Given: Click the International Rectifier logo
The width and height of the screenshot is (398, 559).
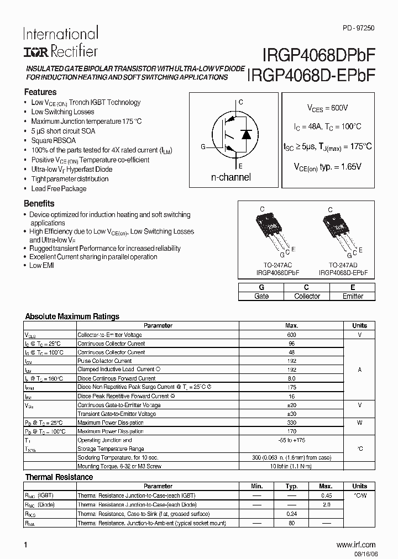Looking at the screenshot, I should click(x=60, y=42).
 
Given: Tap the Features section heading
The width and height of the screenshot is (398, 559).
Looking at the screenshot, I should click(x=40, y=92).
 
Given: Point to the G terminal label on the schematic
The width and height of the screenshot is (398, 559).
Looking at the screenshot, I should click(x=203, y=146).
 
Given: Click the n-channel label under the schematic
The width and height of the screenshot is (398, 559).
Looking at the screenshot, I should click(x=231, y=177).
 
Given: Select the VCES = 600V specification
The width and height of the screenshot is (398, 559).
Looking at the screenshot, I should click(x=328, y=108).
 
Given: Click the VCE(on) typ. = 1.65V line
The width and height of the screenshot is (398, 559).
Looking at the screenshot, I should click(x=327, y=166).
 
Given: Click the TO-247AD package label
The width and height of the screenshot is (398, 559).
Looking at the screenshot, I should click(x=343, y=265).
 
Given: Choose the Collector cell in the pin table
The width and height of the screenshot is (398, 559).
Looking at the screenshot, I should click(x=307, y=296).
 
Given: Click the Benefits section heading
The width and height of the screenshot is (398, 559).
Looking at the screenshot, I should click(x=39, y=203).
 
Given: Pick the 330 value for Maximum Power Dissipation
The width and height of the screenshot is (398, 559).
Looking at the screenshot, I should click(x=292, y=423).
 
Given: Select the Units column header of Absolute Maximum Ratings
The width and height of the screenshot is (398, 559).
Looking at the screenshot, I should click(x=359, y=325).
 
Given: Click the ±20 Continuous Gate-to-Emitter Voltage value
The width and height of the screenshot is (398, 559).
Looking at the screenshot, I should click(x=292, y=405).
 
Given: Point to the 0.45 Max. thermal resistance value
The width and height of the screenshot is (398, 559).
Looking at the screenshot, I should click(x=326, y=495).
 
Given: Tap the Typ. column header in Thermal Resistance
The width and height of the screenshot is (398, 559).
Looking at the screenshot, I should click(x=292, y=486).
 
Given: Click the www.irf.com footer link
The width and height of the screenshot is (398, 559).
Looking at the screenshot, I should click(x=355, y=545).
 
